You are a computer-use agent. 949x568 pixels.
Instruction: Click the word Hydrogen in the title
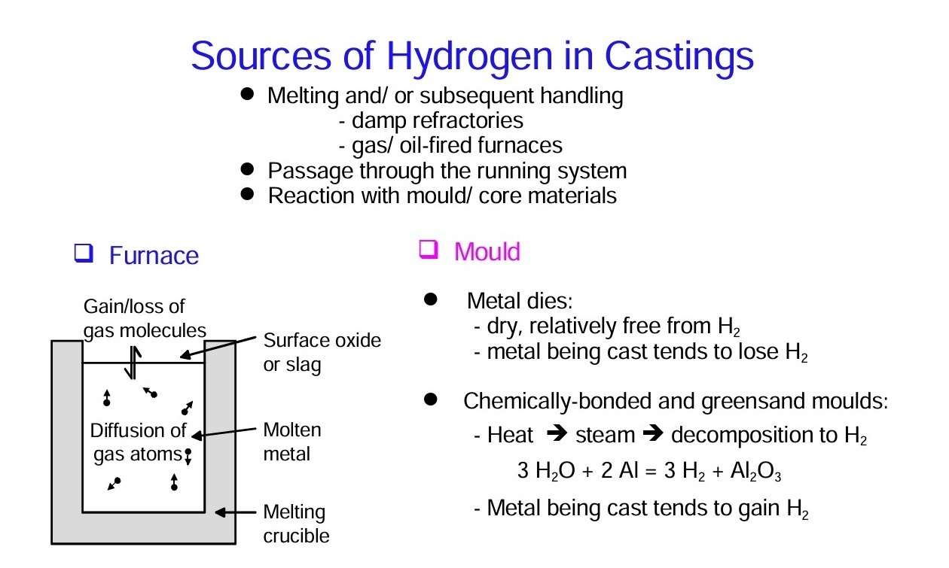(x=469, y=57)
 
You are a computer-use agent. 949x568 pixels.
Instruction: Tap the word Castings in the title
(x=679, y=57)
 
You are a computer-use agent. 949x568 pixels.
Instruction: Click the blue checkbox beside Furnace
(x=84, y=253)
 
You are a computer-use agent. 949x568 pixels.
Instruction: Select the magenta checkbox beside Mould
(x=428, y=249)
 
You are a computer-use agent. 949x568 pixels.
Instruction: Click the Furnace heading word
(x=154, y=255)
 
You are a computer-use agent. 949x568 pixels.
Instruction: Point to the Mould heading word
(x=487, y=251)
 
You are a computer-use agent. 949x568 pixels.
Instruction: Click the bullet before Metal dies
(x=431, y=299)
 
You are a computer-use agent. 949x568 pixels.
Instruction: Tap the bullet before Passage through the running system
(x=247, y=169)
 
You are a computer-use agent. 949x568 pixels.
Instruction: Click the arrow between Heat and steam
(x=557, y=433)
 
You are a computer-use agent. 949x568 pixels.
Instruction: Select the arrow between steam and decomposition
(x=653, y=433)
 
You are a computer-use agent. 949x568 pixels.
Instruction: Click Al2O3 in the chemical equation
(x=755, y=471)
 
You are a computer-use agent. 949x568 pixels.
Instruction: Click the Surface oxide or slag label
(x=322, y=352)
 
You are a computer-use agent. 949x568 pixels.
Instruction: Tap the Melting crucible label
(x=296, y=524)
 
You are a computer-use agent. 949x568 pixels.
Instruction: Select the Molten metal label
(x=292, y=442)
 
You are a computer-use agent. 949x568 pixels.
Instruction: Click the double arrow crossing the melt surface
(x=133, y=363)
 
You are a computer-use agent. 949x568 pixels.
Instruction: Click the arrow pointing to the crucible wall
(x=236, y=512)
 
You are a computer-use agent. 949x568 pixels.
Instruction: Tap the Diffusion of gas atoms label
(x=138, y=442)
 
